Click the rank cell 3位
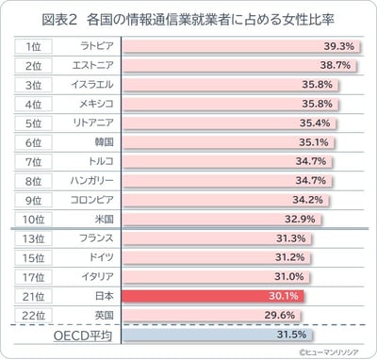(x=32, y=85)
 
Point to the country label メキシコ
(x=93, y=104)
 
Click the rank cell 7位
(x=32, y=162)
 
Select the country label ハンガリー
(x=93, y=181)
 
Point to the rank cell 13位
(x=32, y=238)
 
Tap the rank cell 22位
(x=32, y=315)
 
